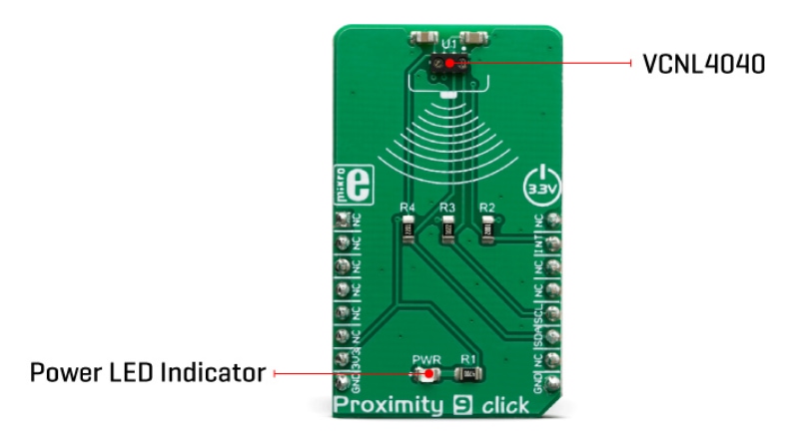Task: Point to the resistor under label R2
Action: [x=487, y=232]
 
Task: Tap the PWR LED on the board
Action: [x=424, y=375]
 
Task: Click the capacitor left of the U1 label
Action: [x=423, y=39]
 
